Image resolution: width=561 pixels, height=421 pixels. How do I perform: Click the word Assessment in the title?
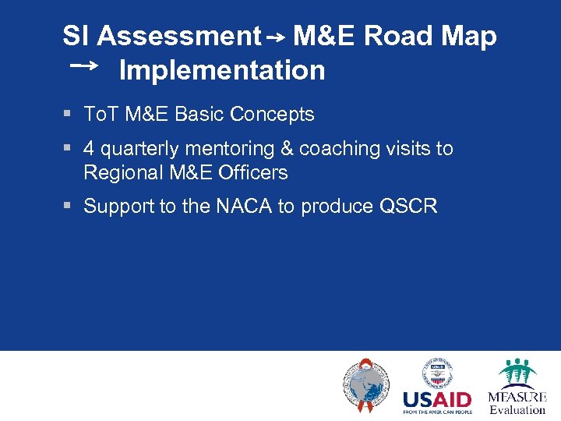(179, 37)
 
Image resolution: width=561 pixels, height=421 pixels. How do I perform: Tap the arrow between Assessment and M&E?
(277, 37)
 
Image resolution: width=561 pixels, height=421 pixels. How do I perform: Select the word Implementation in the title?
(222, 70)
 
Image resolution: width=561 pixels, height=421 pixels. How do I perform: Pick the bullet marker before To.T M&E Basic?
(68, 115)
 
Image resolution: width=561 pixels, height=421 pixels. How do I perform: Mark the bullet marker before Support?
(68, 207)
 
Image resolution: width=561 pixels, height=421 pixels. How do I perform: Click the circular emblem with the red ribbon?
(365, 385)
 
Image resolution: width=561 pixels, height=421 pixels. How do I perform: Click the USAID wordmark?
(437, 401)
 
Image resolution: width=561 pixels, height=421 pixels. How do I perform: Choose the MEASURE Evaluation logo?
(517, 387)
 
